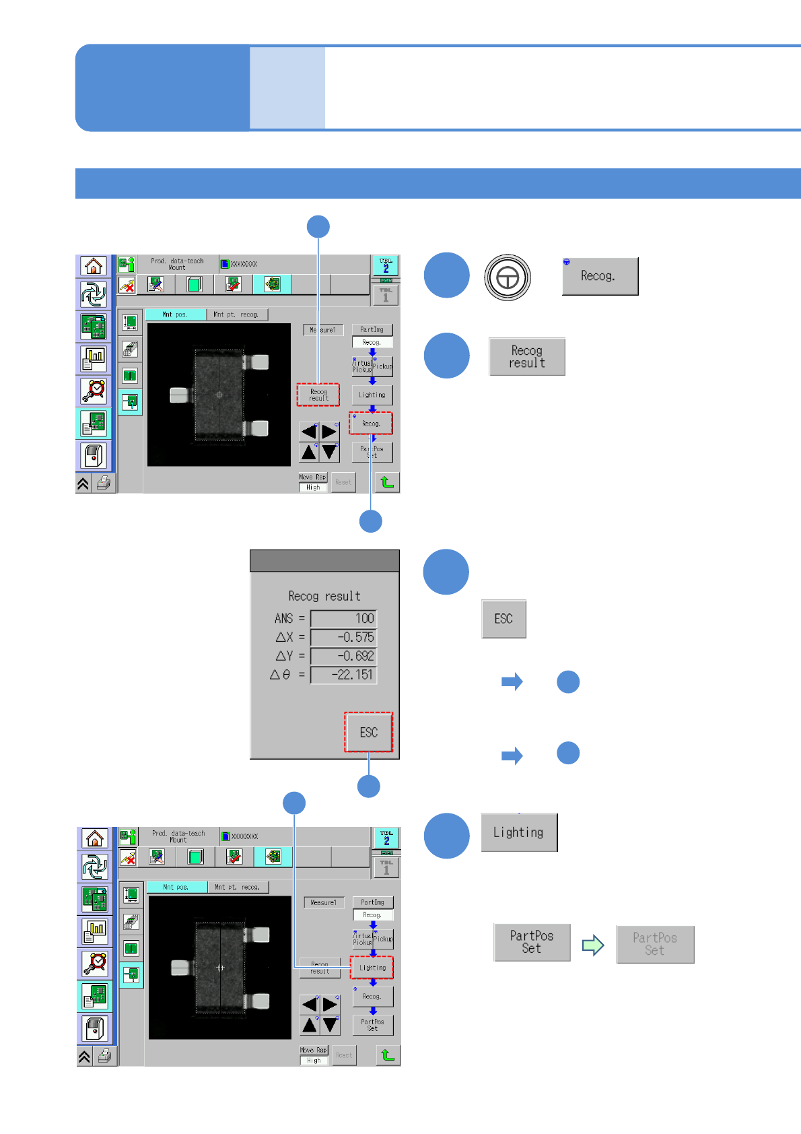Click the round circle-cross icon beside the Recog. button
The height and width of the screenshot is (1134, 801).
click(x=508, y=277)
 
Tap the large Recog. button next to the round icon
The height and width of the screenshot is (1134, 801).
click(x=600, y=276)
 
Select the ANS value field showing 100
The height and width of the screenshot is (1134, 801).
click(x=343, y=618)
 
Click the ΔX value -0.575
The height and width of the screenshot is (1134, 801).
click(x=343, y=637)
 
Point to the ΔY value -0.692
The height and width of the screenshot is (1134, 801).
click(x=343, y=656)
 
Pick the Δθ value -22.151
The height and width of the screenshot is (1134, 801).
click(x=343, y=675)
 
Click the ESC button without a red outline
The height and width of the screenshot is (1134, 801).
click(x=503, y=619)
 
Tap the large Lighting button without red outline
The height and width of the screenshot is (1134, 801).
click(x=519, y=832)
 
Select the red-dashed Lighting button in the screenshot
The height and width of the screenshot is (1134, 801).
click(x=372, y=968)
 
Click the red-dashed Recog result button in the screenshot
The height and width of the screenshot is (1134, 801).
click(x=318, y=395)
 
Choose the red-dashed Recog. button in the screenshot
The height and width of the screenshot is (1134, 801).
click(x=371, y=424)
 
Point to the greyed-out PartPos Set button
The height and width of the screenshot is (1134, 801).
click(x=655, y=944)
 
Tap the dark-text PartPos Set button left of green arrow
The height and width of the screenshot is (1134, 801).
click(x=532, y=942)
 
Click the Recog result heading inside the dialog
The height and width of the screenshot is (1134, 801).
click(x=324, y=596)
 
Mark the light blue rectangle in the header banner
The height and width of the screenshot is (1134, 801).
click(x=287, y=88)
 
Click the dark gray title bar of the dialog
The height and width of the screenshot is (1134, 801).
click(x=324, y=561)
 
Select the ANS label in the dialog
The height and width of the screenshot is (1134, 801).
click(x=283, y=618)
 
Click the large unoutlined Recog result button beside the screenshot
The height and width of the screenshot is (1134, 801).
click(x=527, y=357)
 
